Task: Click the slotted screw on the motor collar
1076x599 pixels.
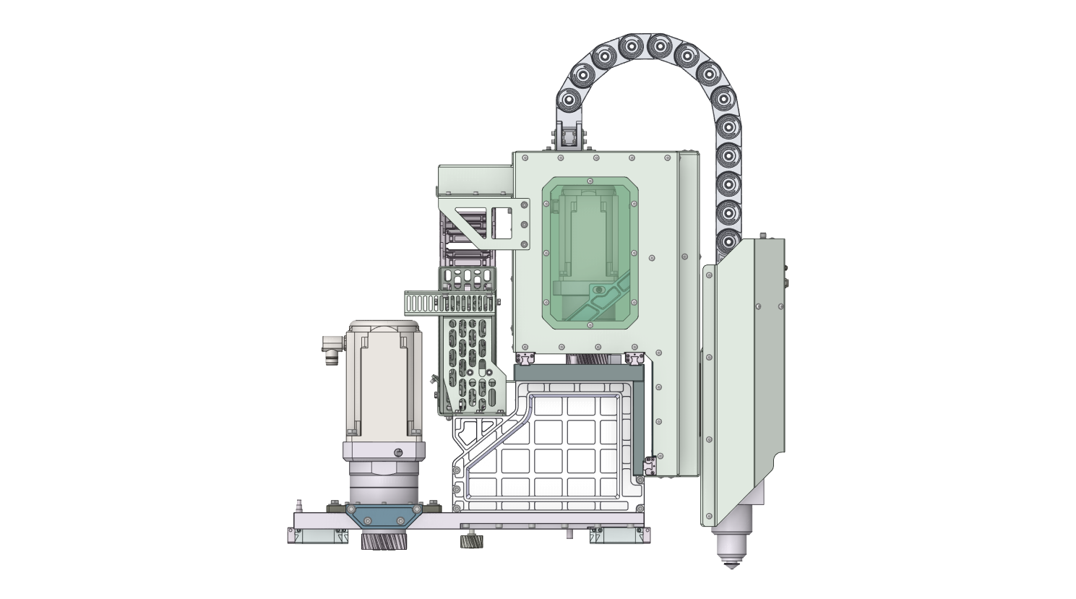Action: click(398, 452)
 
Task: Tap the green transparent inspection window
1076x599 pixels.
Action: click(590, 253)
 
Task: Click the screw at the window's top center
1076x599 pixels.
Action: click(590, 181)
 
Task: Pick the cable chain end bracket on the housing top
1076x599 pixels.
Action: click(569, 137)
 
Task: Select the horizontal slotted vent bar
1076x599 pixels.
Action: click(449, 303)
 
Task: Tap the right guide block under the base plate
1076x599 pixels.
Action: click(619, 535)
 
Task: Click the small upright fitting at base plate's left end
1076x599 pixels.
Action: click(297, 504)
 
